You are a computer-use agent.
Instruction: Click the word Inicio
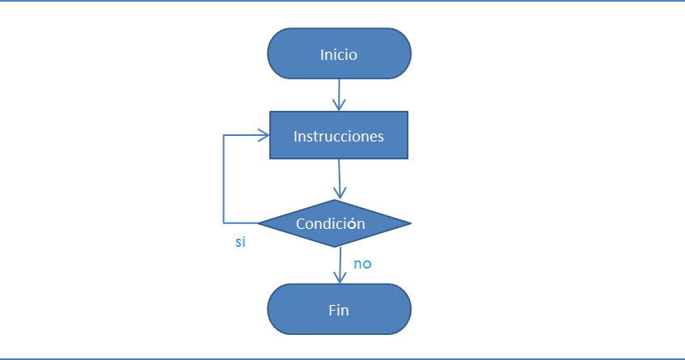click(338, 55)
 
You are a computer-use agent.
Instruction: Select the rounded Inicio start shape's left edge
click(269, 54)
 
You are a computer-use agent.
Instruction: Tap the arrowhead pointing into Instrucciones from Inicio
click(339, 105)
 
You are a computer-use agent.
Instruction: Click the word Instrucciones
click(338, 136)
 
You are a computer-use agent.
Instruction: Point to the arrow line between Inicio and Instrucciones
click(339, 91)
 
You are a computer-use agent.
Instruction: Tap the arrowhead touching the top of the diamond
click(339, 194)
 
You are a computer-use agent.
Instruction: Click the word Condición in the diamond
click(330, 224)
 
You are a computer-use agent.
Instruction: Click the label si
click(240, 243)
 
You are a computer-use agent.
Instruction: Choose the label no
click(362, 264)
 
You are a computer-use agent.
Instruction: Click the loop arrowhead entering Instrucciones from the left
click(263, 136)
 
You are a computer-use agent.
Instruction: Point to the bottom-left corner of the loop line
click(224, 222)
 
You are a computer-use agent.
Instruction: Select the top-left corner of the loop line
click(224, 136)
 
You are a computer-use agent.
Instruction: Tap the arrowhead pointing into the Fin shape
click(339, 277)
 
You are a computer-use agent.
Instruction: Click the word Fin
click(339, 310)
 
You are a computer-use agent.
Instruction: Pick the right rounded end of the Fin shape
click(408, 309)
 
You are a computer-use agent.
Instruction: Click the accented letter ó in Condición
click(352, 224)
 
